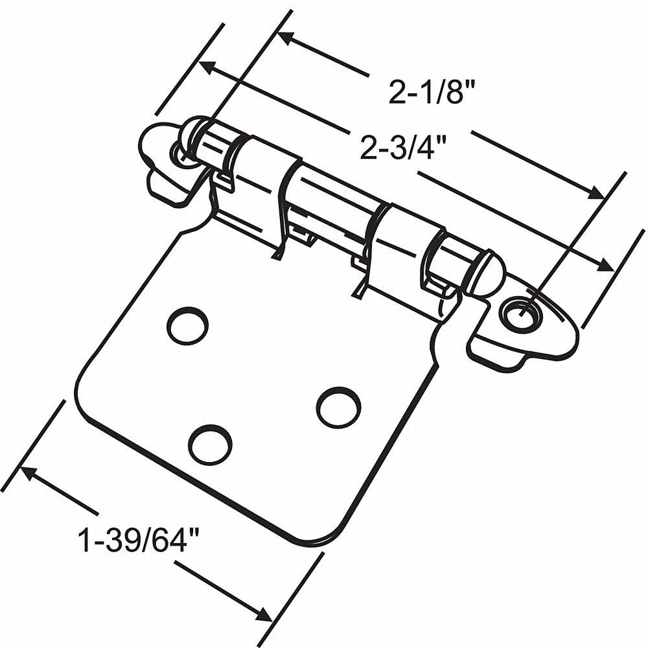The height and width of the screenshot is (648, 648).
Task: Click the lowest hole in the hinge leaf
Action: click(210, 444)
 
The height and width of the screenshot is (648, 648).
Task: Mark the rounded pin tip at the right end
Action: click(487, 275)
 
